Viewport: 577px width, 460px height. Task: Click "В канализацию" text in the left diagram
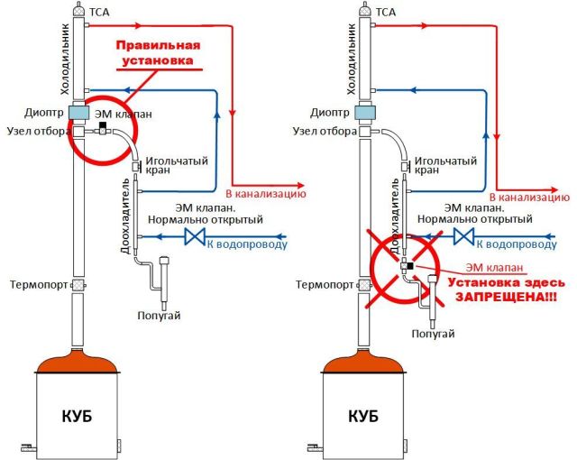tap(266, 193)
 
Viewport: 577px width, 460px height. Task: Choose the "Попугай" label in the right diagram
tap(432, 334)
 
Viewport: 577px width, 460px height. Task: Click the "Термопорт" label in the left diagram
tap(35, 285)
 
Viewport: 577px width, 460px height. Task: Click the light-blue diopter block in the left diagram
tap(79, 113)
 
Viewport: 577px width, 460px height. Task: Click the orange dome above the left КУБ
tap(78, 364)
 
